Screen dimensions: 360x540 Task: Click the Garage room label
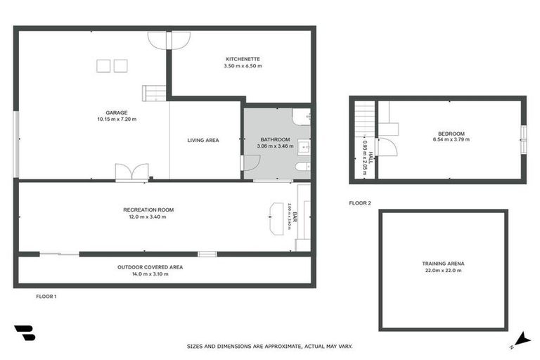[116, 112]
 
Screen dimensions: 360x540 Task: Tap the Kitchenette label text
[243, 58]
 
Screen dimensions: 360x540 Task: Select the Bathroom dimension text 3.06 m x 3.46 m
[275, 146]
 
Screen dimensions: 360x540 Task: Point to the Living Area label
[202, 140]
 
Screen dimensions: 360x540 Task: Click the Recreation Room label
[148, 210]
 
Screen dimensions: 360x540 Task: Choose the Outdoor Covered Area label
[150, 267]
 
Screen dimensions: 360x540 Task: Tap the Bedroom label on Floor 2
[451, 134]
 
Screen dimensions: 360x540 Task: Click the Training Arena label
[443, 264]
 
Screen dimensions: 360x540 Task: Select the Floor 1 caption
[46, 297]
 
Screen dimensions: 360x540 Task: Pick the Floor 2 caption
[359, 203]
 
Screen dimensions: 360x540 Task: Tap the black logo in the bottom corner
[24, 333]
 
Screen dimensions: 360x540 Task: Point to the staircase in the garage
[154, 93]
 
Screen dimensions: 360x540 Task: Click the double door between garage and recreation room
[131, 172]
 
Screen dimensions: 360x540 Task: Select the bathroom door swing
[250, 162]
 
